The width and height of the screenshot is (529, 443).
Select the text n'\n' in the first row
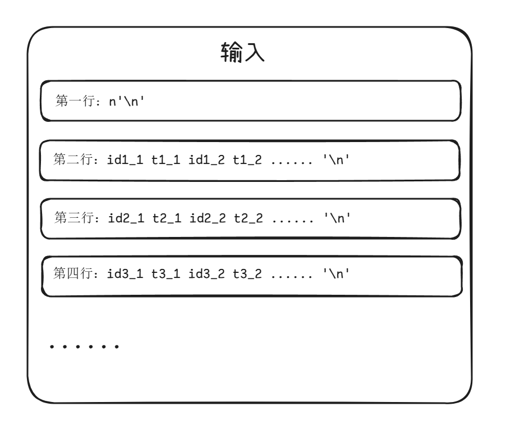[x=127, y=102]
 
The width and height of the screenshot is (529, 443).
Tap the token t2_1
[x=166, y=218]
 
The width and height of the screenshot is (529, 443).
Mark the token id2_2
[x=207, y=218]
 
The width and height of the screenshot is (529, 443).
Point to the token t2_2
[x=247, y=218]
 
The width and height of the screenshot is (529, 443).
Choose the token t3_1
[x=166, y=275]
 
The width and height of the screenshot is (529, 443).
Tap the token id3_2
[x=207, y=275]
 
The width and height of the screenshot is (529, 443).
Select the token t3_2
[x=247, y=275]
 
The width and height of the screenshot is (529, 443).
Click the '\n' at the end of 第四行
[x=338, y=275]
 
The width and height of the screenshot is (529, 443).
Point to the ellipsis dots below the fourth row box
[x=84, y=347]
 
